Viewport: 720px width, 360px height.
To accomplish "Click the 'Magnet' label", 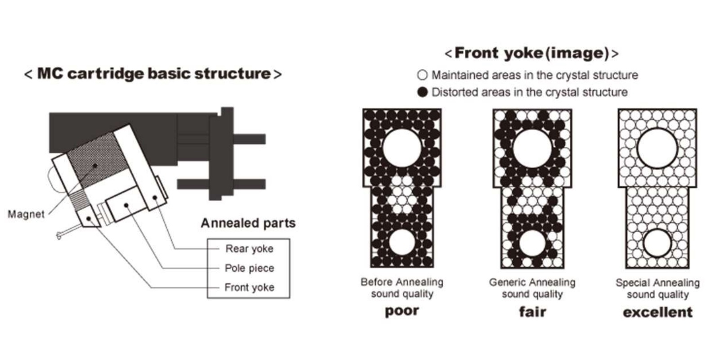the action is click(x=26, y=214).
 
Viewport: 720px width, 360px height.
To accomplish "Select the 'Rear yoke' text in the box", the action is click(x=249, y=248).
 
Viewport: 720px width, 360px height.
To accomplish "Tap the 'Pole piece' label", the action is click(x=249, y=268).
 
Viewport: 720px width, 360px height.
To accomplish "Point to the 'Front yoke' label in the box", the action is click(x=249, y=287).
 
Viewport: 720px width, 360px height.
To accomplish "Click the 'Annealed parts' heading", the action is click(x=248, y=223).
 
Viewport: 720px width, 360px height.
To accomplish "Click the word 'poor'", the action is click(x=402, y=311).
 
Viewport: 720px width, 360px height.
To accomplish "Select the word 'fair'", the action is click(x=533, y=311).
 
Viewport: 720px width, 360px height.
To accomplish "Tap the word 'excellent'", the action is click(x=657, y=312).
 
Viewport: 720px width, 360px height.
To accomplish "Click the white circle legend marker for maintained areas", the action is click(x=423, y=75).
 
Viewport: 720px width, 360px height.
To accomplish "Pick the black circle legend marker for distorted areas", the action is click(x=423, y=92).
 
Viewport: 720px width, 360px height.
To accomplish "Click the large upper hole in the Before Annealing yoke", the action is click(x=402, y=148).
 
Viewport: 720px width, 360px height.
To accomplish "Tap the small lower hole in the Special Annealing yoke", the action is click(x=657, y=243).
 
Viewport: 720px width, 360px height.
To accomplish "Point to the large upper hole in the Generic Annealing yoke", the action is click(x=532, y=148).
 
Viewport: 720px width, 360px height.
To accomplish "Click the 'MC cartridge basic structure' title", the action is click(x=153, y=74).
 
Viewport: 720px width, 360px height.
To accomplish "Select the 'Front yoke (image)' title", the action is click(x=531, y=53).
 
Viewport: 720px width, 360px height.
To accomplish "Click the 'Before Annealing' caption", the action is click(x=402, y=282).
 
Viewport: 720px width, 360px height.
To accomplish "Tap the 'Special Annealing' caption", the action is click(x=657, y=283).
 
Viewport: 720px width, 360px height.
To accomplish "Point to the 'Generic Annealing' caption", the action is click(x=532, y=282).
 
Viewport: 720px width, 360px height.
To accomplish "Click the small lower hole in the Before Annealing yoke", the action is click(x=402, y=243).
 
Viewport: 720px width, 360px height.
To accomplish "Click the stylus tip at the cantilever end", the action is click(x=59, y=236).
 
